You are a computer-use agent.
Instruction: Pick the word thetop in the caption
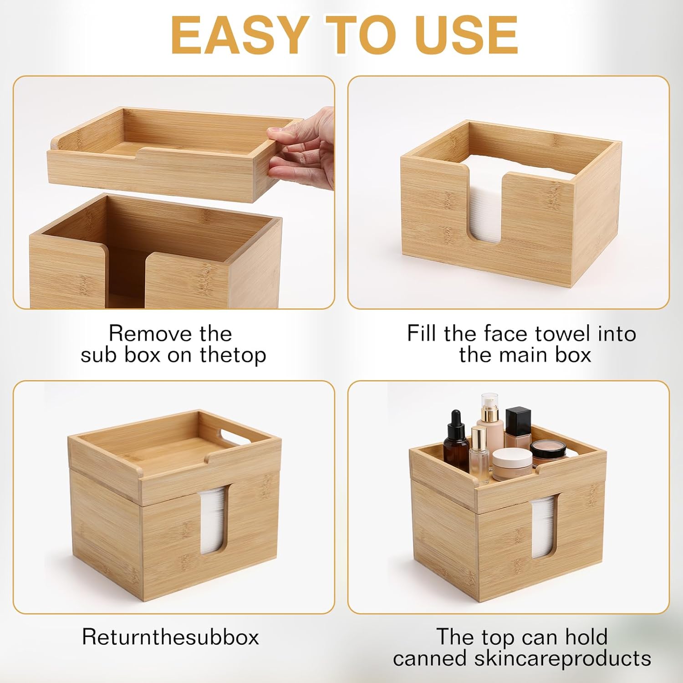point(233,355)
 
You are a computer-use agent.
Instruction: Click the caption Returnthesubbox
point(170,637)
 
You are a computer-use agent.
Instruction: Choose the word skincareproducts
point(562,658)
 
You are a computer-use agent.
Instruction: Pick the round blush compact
point(548,450)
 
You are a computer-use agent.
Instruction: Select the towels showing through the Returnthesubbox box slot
point(213,519)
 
